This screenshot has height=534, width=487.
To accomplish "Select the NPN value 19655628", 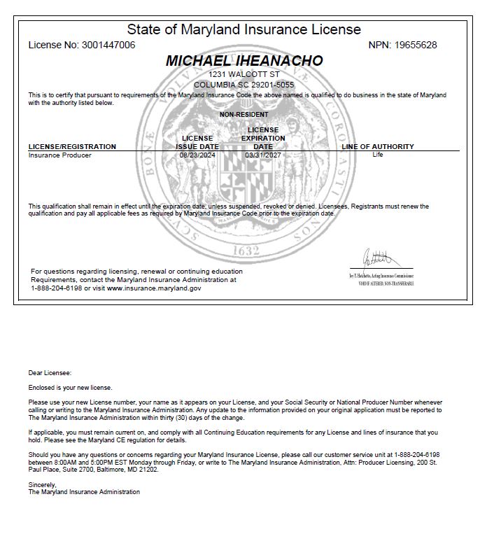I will (x=415, y=45).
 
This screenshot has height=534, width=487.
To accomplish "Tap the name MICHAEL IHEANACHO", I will (x=244, y=61).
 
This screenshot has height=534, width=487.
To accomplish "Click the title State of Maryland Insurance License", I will (x=243, y=29).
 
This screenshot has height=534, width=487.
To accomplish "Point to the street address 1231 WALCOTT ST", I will (x=244, y=74).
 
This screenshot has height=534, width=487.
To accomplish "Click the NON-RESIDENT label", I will (x=243, y=115).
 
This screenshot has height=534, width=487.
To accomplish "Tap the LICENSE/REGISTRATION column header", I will (x=72, y=147).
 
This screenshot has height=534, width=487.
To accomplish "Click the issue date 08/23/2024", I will (x=197, y=155).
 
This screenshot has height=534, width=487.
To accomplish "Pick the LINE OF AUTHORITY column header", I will (x=378, y=147).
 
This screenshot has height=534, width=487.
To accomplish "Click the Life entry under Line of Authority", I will (x=378, y=155).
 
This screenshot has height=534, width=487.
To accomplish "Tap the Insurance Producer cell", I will (x=59, y=155).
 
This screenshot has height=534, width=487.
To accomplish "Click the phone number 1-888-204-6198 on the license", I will (x=55, y=288).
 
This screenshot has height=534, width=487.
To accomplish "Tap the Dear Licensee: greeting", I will (x=50, y=373).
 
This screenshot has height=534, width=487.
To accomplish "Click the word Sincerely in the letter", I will (x=41, y=484).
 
